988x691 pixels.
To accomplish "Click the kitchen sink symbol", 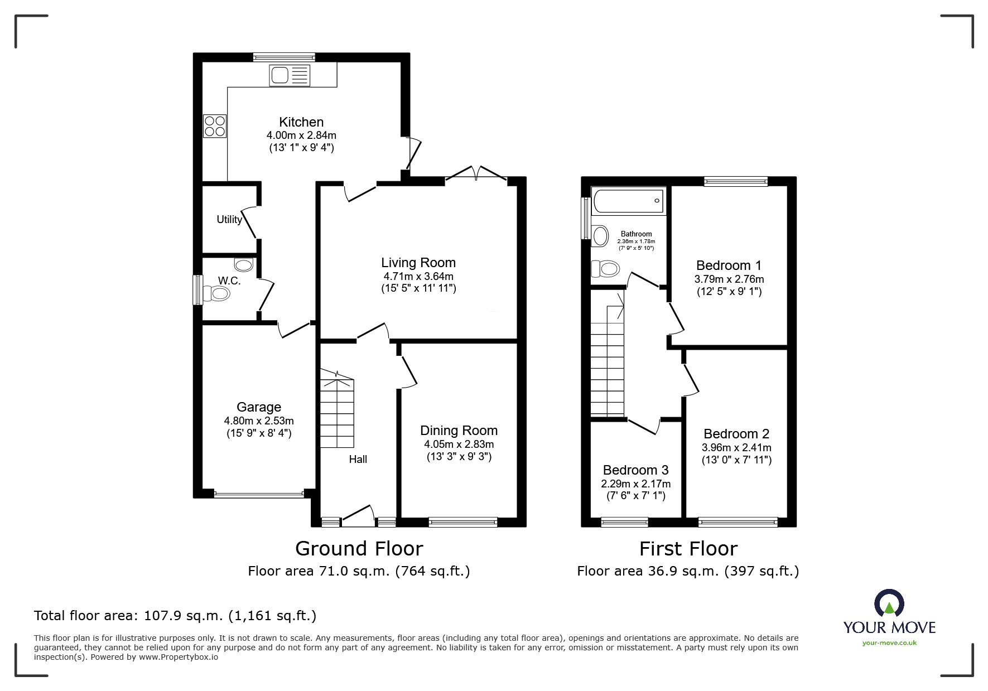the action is pos(289,75).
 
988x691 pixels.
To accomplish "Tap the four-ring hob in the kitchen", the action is pos(215,125).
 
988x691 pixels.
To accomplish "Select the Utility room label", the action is pos(229,220).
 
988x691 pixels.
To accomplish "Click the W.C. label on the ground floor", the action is pos(229,281).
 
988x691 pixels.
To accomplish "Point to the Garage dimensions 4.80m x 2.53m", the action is pos(259,421).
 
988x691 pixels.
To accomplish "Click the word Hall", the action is pos(358,459).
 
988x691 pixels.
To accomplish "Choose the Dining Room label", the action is pos(459,431).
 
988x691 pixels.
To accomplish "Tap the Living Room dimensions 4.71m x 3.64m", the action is pos(418,277).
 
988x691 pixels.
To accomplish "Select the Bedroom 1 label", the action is pos(729,265).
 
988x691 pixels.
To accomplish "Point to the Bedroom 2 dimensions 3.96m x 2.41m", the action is pos(736,447).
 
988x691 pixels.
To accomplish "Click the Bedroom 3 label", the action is pos(635,470).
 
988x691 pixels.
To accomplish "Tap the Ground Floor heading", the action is pos(359,549).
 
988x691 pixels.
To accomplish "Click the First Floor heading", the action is pos(688,549).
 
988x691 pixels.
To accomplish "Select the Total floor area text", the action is pos(175,616).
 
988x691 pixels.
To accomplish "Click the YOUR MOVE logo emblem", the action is pos(889,603).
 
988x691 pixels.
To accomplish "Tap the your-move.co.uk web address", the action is pos(889,643).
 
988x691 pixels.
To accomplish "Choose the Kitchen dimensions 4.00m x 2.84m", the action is pos(301,136).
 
